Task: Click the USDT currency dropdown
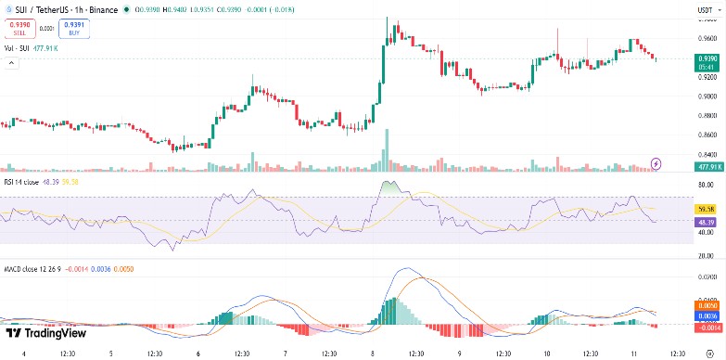707,10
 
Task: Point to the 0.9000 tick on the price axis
707,96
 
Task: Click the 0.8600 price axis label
707,135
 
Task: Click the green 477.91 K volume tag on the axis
707,166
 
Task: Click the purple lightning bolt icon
656,163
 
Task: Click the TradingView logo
46,333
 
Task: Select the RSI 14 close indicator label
25,182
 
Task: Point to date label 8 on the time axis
372,354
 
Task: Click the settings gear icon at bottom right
708,354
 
